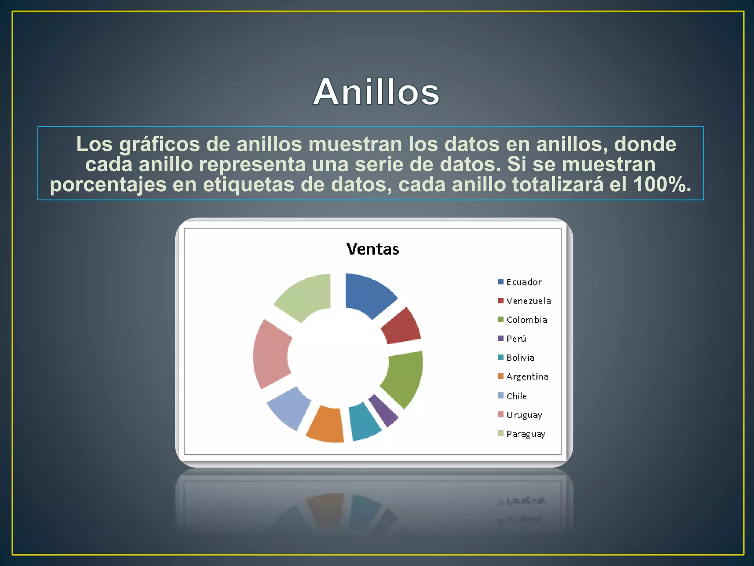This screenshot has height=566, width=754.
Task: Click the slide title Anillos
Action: (376, 92)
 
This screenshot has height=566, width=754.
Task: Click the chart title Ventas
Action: (373, 249)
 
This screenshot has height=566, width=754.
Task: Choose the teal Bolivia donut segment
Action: (364, 421)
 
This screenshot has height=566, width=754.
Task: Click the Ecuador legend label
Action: (524, 282)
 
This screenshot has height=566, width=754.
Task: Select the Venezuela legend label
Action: (528, 301)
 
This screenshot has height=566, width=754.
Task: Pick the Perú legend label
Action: (516, 339)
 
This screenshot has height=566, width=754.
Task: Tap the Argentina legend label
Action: (527, 377)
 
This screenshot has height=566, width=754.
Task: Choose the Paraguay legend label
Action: (526, 434)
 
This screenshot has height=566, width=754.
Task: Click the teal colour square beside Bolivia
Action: (501, 357)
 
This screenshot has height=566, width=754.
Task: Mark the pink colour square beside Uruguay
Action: (501, 414)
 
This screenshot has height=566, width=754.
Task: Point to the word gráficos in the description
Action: (159, 144)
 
